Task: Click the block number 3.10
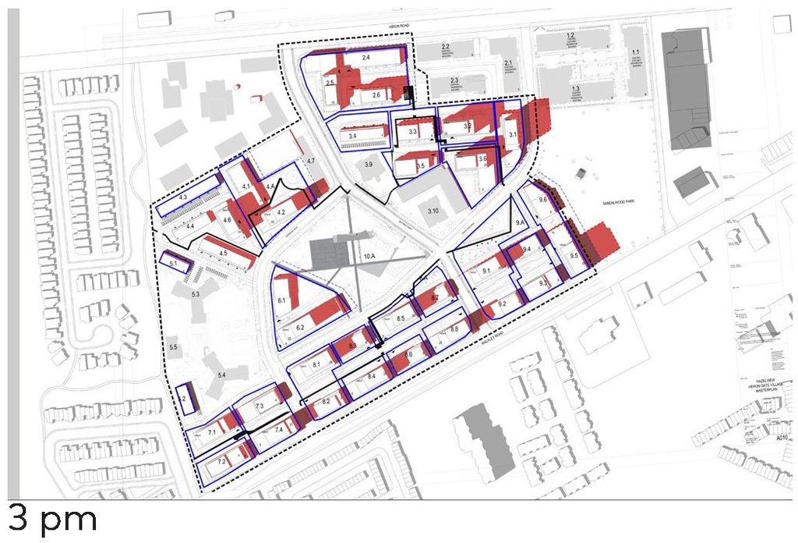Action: [433, 211]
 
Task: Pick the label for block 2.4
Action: [366, 58]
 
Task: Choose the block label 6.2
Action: [299, 328]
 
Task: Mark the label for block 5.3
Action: [195, 294]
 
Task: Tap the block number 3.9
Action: [369, 165]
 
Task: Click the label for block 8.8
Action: [454, 330]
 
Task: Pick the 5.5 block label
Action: [173, 346]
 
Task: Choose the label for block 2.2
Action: [446, 48]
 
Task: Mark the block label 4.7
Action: [311, 161]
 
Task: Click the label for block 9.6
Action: [544, 201]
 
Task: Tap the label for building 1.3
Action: [577, 90]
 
